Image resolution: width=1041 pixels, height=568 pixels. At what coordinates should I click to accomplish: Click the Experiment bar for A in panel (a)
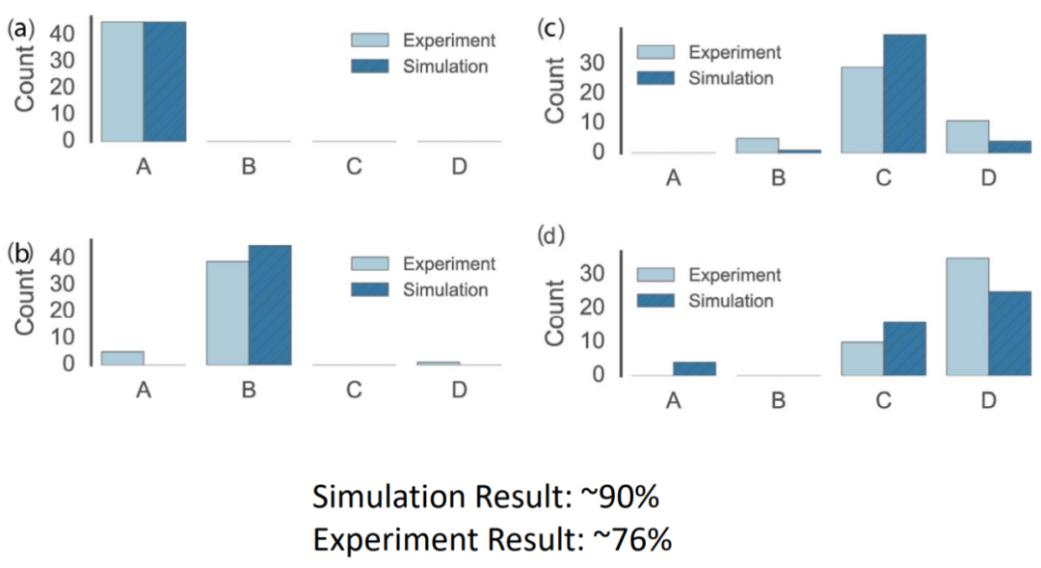[x=122, y=81]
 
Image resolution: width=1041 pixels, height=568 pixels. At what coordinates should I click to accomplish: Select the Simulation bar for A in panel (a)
[x=165, y=81]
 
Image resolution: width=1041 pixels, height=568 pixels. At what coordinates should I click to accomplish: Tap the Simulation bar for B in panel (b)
[x=270, y=305]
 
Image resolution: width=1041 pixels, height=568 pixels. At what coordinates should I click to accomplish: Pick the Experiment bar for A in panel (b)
[x=122, y=358]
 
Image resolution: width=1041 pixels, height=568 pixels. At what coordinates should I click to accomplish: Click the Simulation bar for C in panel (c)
[x=904, y=94]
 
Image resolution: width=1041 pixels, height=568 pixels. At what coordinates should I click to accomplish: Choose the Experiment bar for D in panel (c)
[x=968, y=136]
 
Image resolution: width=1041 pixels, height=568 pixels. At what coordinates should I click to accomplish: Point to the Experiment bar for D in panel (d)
[x=968, y=316]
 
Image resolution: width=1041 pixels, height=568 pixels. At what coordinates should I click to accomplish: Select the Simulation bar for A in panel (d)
[x=694, y=368]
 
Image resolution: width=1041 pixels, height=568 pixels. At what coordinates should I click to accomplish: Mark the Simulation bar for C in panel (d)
[x=904, y=348]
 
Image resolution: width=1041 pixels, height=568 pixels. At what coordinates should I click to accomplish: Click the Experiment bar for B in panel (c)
[x=758, y=145]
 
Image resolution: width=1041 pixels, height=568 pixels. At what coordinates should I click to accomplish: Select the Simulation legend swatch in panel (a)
[x=370, y=67]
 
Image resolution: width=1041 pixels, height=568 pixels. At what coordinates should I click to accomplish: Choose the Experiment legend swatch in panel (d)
[x=656, y=276]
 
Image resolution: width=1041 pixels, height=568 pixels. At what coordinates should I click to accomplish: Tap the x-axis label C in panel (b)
[x=354, y=390]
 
